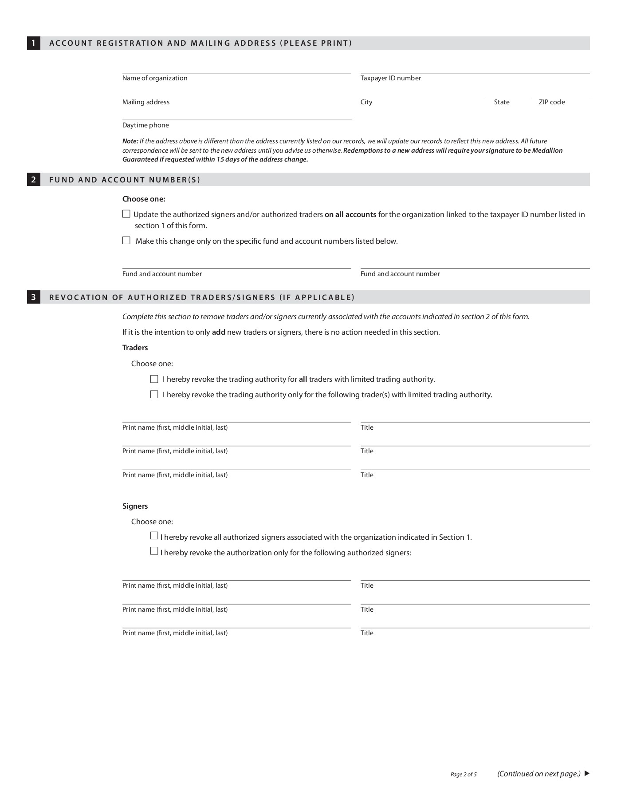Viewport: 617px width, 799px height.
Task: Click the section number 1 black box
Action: [34, 43]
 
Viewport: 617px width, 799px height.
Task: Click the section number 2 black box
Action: [34, 180]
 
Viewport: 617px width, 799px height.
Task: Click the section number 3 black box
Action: [34, 297]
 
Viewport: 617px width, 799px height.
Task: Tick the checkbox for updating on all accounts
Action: [126, 214]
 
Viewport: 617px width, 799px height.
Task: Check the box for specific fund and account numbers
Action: [126, 241]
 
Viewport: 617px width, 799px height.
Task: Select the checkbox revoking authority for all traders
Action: [154, 379]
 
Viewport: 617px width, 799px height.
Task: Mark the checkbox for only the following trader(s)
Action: [154, 395]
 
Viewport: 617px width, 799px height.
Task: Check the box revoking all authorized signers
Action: [154, 536]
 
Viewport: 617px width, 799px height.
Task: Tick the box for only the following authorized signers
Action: [154, 552]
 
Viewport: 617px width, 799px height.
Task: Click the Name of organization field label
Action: [155, 78]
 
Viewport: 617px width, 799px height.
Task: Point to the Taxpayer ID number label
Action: [391, 78]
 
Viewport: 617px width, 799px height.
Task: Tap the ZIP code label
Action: [552, 102]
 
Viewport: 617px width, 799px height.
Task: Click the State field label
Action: [502, 102]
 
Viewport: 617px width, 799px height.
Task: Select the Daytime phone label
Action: [145, 125]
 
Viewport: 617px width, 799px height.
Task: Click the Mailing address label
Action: [146, 102]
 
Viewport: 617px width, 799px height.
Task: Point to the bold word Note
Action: [130, 141]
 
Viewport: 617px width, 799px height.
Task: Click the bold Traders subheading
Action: [135, 348]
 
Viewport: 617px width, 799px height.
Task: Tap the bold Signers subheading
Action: [135, 506]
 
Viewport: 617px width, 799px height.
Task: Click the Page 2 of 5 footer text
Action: [464, 775]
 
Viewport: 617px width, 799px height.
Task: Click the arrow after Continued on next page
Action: [587, 774]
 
